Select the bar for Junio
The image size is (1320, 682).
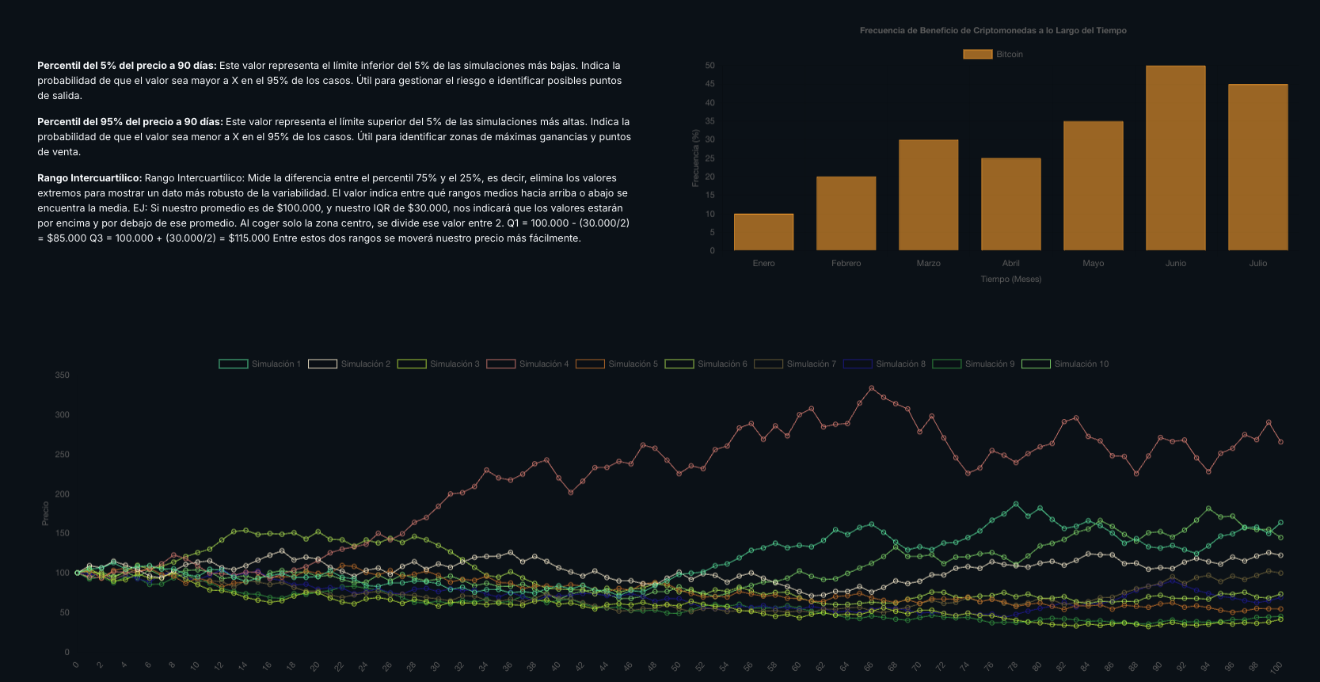point(1175,158)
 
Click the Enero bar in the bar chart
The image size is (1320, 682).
point(763,232)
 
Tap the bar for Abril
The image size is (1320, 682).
point(1010,204)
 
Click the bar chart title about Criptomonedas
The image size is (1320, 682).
point(993,30)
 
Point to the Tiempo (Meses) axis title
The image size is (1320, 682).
point(1010,279)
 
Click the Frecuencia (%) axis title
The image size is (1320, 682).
point(695,158)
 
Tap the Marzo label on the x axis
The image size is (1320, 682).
point(928,263)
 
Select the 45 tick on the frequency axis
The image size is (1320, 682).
point(709,84)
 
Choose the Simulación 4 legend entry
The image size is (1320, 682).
point(527,364)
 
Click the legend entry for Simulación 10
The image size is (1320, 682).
point(1065,364)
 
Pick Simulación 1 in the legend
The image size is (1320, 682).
point(260,364)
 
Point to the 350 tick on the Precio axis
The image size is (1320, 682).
point(62,375)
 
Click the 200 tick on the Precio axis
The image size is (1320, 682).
point(62,494)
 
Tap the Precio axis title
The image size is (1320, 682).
point(45,513)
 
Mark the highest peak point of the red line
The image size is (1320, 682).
point(871,388)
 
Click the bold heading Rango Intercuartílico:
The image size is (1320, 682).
point(89,178)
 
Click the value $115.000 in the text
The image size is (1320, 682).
point(249,238)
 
